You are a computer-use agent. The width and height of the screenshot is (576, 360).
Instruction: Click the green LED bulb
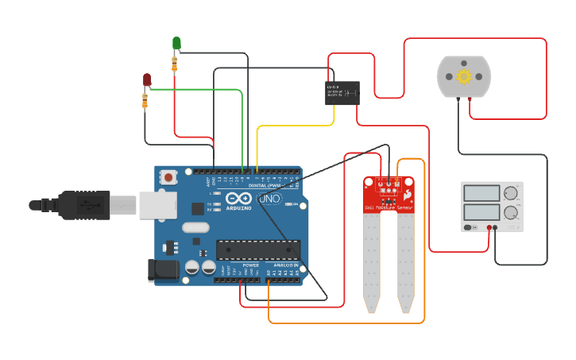coord(176,42)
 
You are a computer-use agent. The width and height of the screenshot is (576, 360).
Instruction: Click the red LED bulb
coord(146,79)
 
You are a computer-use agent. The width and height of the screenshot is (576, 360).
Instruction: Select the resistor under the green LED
coord(175,64)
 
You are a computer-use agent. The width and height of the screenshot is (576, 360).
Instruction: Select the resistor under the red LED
coord(145,100)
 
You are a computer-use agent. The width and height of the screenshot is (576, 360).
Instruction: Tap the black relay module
coord(342,93)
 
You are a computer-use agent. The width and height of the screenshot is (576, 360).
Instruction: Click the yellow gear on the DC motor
coord(464,76)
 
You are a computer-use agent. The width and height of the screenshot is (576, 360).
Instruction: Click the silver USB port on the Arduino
coord(157,204)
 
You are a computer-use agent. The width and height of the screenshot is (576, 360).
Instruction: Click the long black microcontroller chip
coord(258,250)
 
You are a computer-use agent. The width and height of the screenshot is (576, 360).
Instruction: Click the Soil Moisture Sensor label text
coord(389,208)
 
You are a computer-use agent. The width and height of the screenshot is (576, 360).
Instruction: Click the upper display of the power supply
coord(481,192)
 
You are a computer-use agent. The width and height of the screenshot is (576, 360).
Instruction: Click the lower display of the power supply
coord(481,212)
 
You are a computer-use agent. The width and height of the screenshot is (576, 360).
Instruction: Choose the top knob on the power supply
coord(511,193)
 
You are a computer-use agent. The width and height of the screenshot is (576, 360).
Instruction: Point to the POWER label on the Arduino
coord(250,265)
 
